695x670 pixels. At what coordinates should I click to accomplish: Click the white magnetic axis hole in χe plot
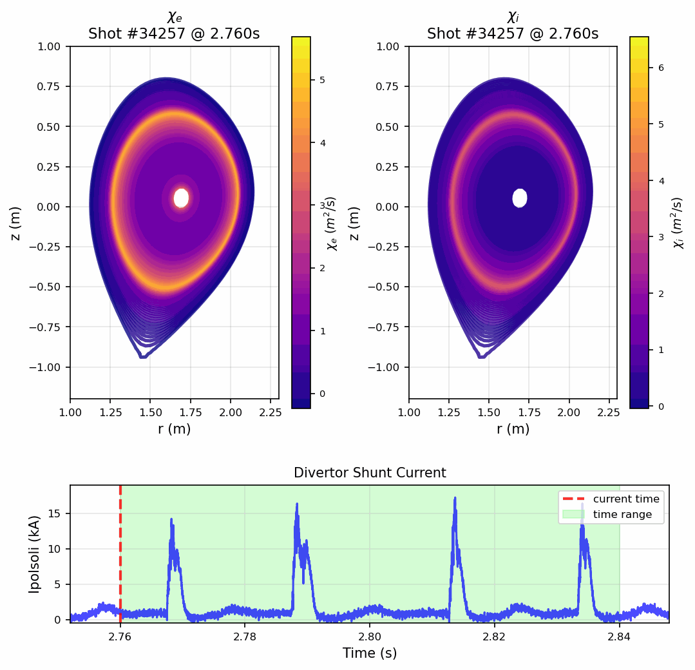click(181, 198)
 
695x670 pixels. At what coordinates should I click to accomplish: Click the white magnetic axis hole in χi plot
click(520, 198)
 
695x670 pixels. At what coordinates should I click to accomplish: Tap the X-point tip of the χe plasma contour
click(142, 356)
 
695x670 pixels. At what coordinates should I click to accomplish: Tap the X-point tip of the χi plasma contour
click(481, 356)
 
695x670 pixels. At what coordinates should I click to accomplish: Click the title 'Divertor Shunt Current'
click(370, 473)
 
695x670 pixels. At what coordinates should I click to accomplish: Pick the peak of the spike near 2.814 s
click(455, 498)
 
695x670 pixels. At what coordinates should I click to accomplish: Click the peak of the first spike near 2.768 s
click(171, 519)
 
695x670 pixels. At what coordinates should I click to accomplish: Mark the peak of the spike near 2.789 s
click(297, 504)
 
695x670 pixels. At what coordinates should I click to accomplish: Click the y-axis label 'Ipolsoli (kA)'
click(35, 554)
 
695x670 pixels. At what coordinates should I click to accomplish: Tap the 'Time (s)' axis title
click(370, 653)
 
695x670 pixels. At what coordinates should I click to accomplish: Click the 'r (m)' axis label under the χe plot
click(174, 429)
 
